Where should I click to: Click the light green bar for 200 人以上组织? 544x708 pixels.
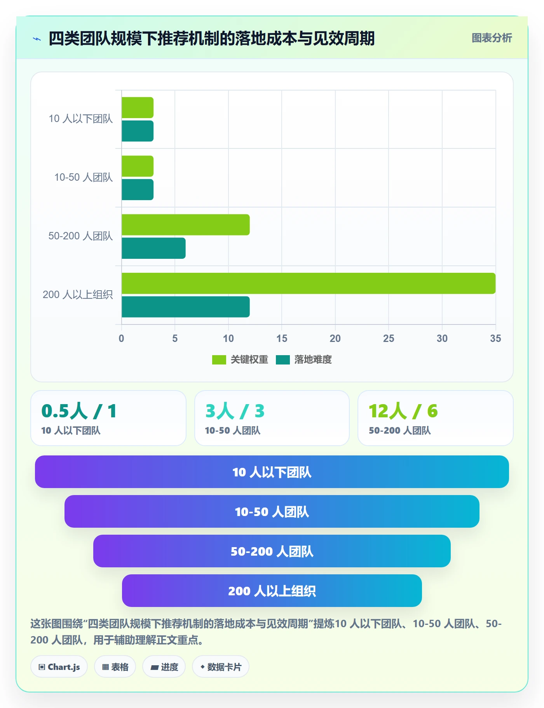click(x=309, y=283)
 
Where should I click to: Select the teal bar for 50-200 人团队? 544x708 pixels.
click(x=153, y=248)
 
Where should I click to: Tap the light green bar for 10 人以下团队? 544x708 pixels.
click(x=138, y=108)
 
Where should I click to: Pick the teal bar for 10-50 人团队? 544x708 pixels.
click(x=138, y=190)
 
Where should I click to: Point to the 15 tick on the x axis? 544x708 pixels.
click(x=282, y=338)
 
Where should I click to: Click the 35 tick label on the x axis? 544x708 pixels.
click(x=495, y=338)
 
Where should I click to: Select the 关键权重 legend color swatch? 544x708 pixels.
click(x=219, y=360)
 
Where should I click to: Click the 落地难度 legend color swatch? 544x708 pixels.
click(x=283, y=360)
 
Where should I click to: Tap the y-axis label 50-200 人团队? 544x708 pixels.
click(x=80, y=236)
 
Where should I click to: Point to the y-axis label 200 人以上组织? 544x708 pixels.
click(x=78, y=295)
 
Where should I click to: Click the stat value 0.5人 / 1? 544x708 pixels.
click(x=79, y=411)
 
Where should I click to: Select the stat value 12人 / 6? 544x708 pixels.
click(x=403, y=411)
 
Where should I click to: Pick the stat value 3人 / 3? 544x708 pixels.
click(x=235, y=411)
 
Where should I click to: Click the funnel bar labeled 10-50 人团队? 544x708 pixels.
click(x=272, y=511)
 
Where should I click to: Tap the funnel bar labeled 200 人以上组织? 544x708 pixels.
click(x=272, y=591)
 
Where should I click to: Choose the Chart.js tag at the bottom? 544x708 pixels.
click(x=59, y=667)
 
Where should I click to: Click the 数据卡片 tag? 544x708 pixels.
click(x=221, y=667)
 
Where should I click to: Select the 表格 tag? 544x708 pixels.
click(x=115, y=667)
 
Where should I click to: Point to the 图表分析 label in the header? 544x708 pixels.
click(x=492, y=38)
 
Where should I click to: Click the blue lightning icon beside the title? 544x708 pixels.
click(x=37, y=39)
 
